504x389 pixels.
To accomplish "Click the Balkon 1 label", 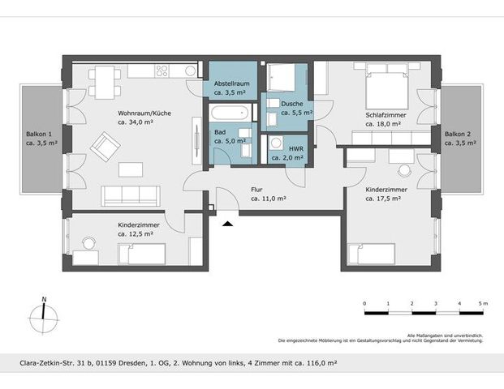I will click(39, 138).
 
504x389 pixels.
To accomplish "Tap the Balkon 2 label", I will click(460, 138).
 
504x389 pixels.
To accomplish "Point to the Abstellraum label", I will click(230, 88).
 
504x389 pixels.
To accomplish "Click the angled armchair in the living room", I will click(105, 147).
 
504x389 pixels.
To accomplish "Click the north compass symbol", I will click(44, 314).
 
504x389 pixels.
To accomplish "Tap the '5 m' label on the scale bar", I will click(482, 303).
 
